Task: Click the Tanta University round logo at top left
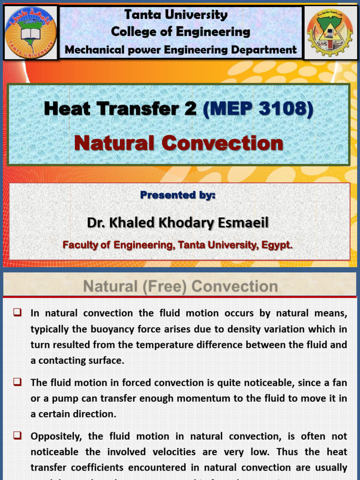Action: click(x=30, y=32)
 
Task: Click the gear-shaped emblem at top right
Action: click(x=330, y=33)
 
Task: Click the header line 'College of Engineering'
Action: click(x=180, y=32)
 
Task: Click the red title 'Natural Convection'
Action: click(x=179, y=143)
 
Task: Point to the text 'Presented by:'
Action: click(x=178, y=195)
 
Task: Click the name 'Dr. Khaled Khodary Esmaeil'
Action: click(x=178, y=223)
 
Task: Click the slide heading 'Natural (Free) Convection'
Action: click(x=180, y=286)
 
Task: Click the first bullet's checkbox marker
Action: click(x=18, y=312)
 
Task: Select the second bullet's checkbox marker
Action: click(x=18, y=382)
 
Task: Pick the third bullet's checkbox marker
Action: click(x=18, y=435)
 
